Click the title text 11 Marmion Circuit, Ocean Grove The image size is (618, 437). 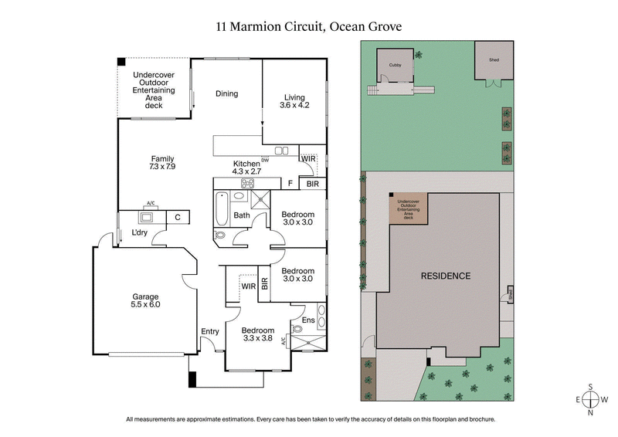coord(309,26)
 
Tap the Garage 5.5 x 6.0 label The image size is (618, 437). coord(144,301)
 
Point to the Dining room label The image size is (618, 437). coord(226,94)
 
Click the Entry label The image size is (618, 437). coord(209,331)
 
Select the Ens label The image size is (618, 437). coord(307,320)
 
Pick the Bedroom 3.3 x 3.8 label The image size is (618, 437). coord(257,334)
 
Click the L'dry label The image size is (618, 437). coord(139,232)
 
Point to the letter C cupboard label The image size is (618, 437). coord(177,218)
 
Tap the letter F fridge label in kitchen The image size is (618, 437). coord(290,185)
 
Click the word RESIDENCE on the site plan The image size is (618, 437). coord(445,276)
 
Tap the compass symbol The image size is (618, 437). coord(591,399)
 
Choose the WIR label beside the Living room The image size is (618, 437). coord(307,159)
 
